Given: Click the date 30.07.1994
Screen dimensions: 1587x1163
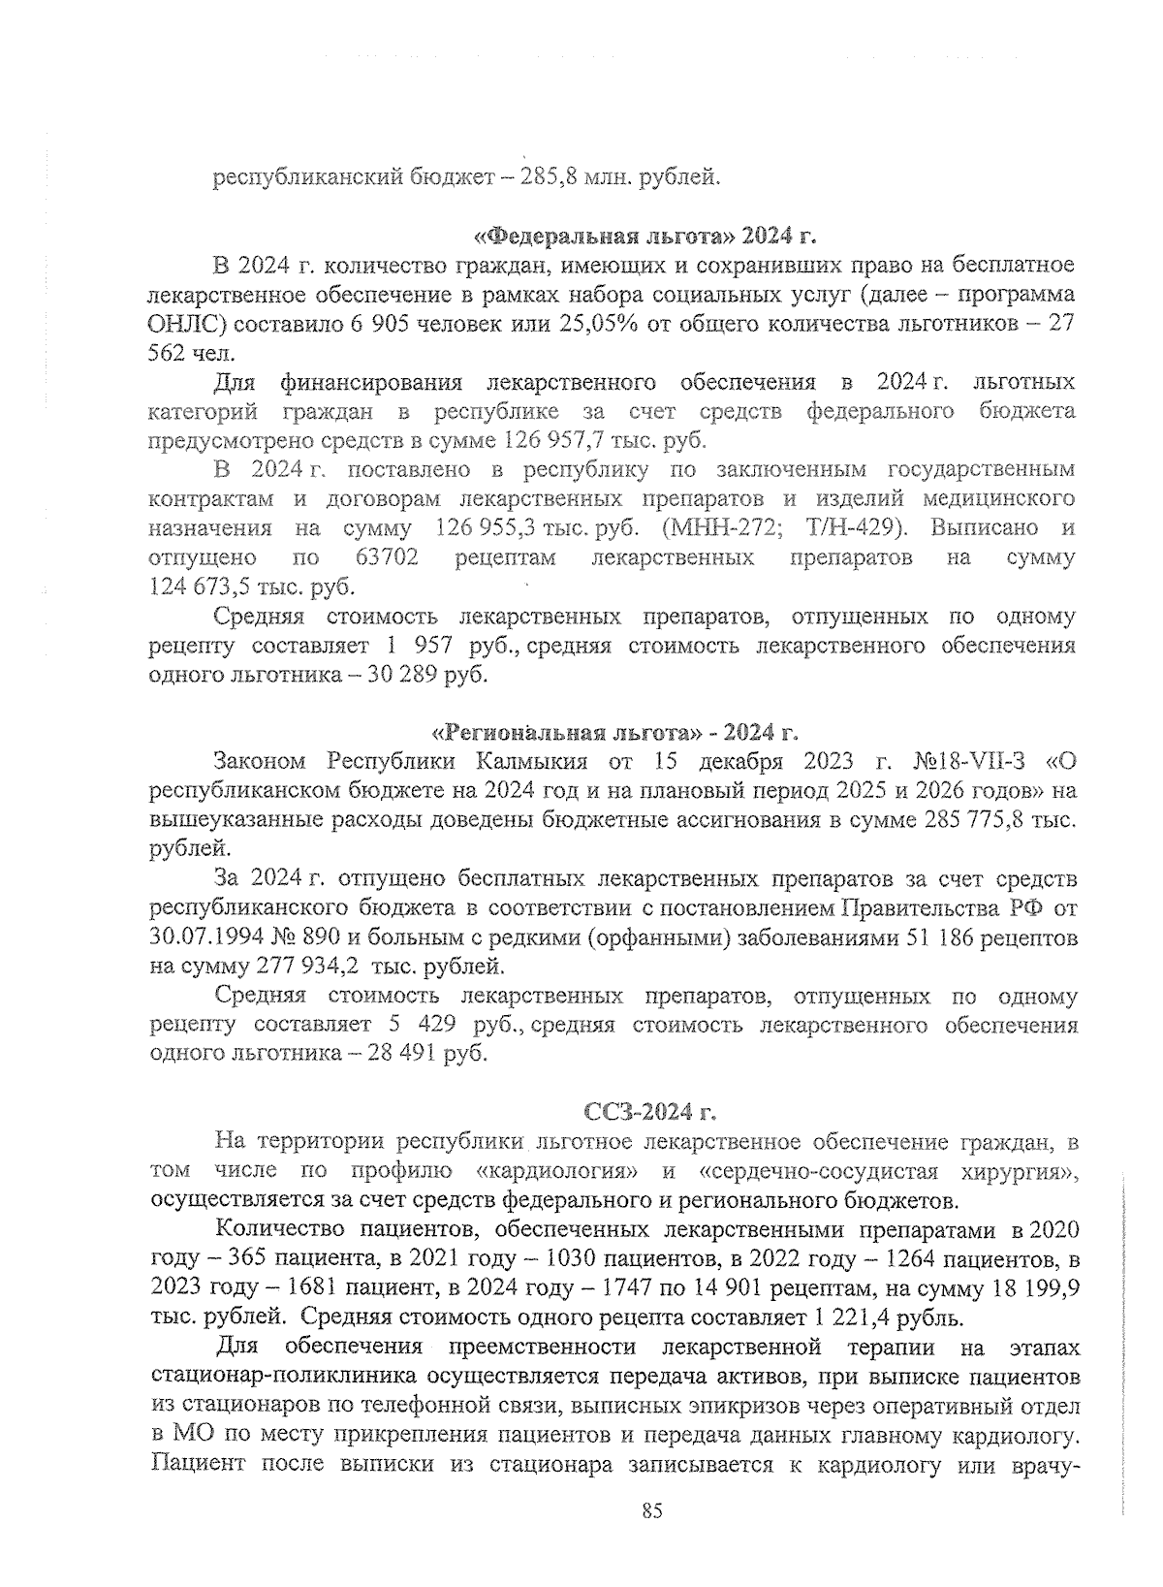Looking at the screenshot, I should tap(209, 938).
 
